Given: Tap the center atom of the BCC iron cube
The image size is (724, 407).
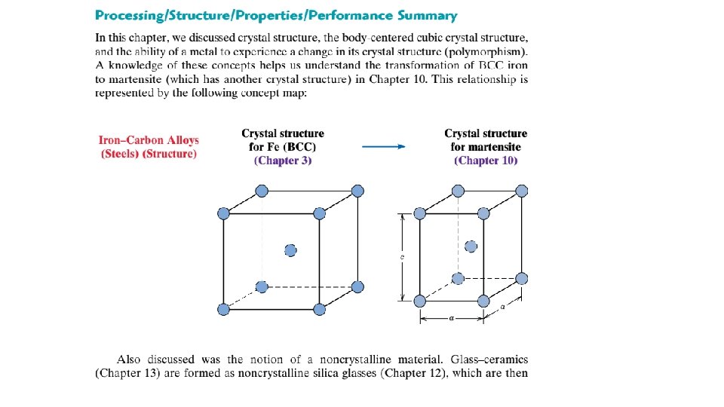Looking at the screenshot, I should (290, 250).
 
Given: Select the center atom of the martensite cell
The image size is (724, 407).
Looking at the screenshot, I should (471, 246).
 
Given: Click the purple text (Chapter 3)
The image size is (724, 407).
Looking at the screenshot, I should (283, 161).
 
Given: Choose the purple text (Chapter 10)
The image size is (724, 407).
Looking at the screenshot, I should (486, 161).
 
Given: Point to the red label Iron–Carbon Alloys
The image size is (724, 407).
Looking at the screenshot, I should (149, 140).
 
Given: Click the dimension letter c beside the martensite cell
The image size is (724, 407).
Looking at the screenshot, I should (402, 256).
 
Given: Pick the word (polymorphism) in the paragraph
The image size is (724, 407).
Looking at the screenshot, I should (489, 51).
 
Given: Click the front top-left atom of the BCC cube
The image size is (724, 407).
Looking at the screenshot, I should (223, 214).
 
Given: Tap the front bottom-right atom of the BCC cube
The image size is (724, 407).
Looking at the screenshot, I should (320, 310).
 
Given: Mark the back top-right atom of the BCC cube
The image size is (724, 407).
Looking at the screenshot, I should (357, 191).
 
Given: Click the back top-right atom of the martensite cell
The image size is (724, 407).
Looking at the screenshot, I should (520, 191).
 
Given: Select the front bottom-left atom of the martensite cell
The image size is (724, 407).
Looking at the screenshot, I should (420, 301).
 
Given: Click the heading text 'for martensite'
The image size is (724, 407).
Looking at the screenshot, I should (486, 147).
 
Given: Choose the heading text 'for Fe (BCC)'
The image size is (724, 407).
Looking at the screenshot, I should (283, 147).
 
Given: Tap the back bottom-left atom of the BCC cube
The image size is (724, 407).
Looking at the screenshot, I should (262, 287).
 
